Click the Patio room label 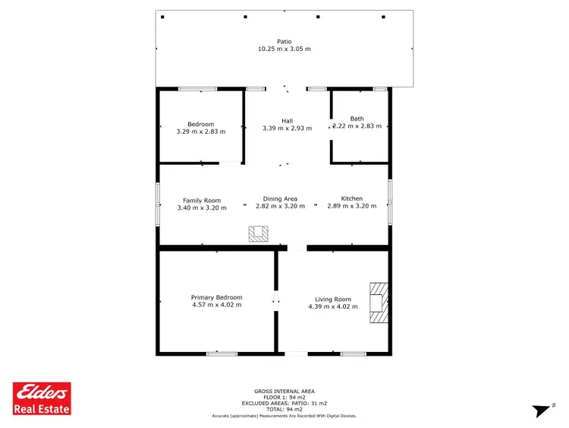pos(284,42)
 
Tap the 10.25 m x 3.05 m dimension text pos(284,49)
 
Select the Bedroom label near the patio pos(201,124)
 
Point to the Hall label pos(287,121)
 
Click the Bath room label pos(357,119)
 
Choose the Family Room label pos(202,200)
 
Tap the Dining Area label pos(280,199)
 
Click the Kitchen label pos(351,198)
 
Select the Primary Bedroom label pos(216,297)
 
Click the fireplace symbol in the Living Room pos(378,303)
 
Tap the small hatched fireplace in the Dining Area pos(258,234)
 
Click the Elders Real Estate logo pos(42,398)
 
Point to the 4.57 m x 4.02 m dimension pos(216,305)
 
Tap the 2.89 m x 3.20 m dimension pos(351,206)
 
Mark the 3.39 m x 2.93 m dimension pos(287,128)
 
